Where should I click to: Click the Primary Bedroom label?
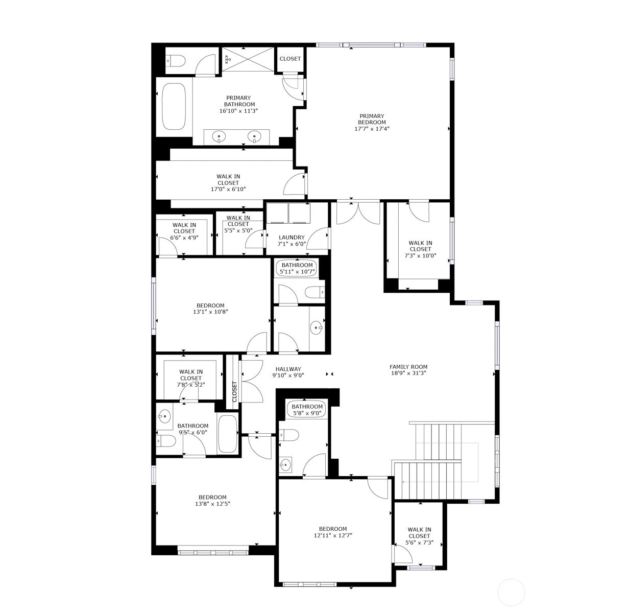(x=372, y=119)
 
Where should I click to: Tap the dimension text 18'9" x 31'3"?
(x=408, y=373)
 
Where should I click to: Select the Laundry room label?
(x=292, y=237)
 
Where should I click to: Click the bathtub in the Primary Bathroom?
(x=174, y=107)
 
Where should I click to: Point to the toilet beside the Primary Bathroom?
(x=175, y=60)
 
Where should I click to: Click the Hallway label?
(x=288, y=369)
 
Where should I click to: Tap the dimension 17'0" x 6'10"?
(x=228, y=189)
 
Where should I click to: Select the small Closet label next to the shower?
(x=290, y=59)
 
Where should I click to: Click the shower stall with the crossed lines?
(x=248, y=59)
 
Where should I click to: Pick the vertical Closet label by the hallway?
(x=234, y=392)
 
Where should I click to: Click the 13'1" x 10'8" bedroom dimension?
(x=210, y=312)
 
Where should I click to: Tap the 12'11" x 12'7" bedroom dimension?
(x=333, y=535)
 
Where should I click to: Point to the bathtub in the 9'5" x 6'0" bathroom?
(x=228, y=434)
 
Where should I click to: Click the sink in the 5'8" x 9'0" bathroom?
(x=285, y=465)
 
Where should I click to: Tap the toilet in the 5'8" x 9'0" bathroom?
(x=289, y=435)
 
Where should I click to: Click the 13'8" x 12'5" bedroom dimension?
(x=212, y=504)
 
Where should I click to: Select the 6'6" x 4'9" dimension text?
(x=184, y=238)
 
